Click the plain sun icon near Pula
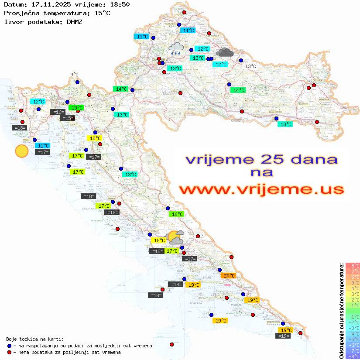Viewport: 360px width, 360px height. pyautogui.click(x=21, y=151)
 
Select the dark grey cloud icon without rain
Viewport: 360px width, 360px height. pyautogui.click(x=225, y=53)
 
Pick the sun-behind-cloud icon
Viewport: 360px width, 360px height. pyautogui.click(x=176, y=238)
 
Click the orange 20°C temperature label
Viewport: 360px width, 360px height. pyautogui.click(x=228, y=276)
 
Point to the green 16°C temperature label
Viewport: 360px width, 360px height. pyautogui.click(x=176, y=214)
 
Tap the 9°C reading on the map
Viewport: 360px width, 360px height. pyautogui.click(x=74, y=75)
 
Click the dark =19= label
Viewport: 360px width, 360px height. pyautogui.click(x=284, y=336)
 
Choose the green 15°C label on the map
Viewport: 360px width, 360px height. pyautogui.click(x=76, y=107)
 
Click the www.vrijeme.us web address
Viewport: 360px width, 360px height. pyautogui.click(x=261, y=190)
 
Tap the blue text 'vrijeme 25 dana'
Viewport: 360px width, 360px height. pyautogui.click(x=261, y=159)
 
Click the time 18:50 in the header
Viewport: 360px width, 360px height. pyautogui.click(x=120, y=4)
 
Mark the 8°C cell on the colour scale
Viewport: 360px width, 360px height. pyautogui.click(x=353, y=266)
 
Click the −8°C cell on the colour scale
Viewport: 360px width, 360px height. pyautogui.click(x=353, y=356)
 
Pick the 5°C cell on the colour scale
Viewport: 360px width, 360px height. pyautogui.click(x=353, y=282)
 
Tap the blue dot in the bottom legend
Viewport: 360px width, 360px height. pyautogui.click(x=9, y=346)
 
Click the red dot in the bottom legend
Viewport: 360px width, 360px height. pyautogui.click(x=9, y=352)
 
